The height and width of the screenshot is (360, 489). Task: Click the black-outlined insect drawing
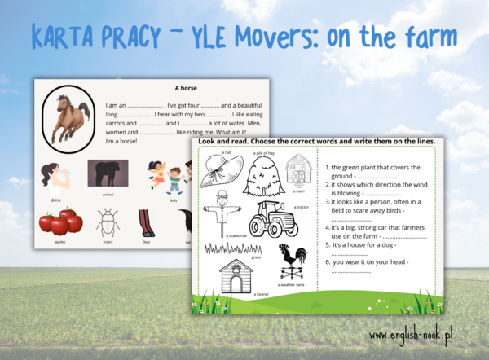point(107,222)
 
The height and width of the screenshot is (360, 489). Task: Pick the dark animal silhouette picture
point(107,173)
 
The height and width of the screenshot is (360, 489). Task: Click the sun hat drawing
point(219,172)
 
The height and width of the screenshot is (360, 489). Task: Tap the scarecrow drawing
point(222,213)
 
